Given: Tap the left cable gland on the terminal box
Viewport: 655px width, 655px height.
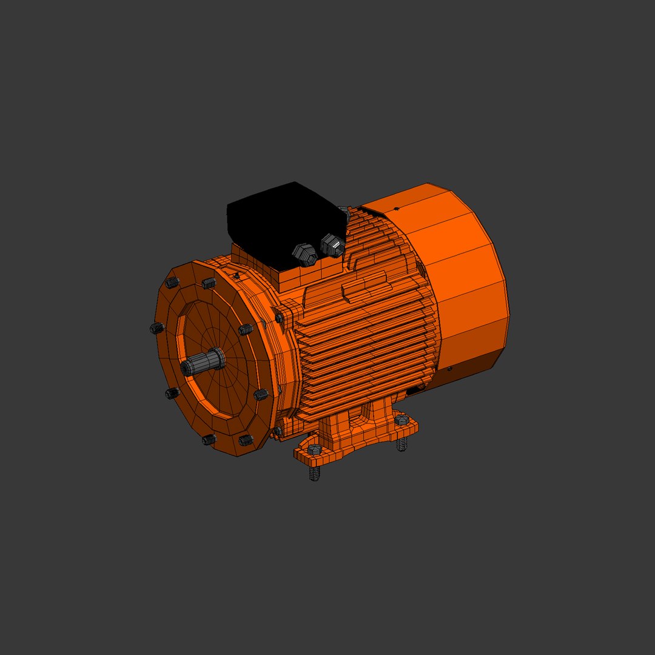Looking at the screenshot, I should [x=305, y=254].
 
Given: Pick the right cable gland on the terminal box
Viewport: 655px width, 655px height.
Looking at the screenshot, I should [x=333, y=244].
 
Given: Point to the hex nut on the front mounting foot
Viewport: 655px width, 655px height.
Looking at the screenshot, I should [x=314, y=450].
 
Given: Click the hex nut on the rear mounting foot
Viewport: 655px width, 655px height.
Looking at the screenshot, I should [x=401, y=420].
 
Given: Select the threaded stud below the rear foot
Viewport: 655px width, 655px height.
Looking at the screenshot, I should [x=401, y=444].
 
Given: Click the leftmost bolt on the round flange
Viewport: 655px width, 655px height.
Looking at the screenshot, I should [x=157, y=328].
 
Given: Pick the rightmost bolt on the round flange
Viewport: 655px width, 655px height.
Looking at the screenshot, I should [x=261, y=395].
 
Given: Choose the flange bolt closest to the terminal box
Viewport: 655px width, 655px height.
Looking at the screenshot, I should [x=209, y=283].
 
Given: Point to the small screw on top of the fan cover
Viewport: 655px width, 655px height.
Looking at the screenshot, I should [x=397, y=209].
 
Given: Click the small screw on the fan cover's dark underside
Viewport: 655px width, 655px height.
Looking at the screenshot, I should [x=449, y=368].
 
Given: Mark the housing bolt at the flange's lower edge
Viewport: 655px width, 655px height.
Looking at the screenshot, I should [x=278, y=431].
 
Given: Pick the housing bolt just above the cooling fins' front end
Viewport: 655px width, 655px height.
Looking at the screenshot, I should [x=280, y=318].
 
